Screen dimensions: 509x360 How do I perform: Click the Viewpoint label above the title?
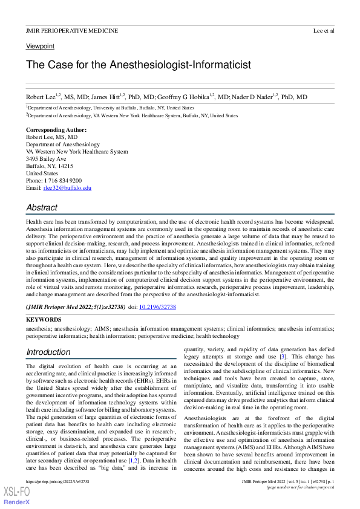(x=40, y=46)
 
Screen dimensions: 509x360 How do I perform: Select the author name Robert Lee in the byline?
(x=41, y=97)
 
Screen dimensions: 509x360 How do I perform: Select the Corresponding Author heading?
(x=56, y=130)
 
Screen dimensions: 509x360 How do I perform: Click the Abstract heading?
(x=42, y=207)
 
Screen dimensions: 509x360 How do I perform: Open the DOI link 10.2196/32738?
(x=157, y=307)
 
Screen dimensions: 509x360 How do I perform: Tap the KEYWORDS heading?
(x=44, y=319)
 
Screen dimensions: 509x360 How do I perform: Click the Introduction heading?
(x=48, y=352)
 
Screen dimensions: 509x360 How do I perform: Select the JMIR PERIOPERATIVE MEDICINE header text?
(x=72, y=30)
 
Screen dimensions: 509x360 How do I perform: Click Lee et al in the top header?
(x=324, y=30)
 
